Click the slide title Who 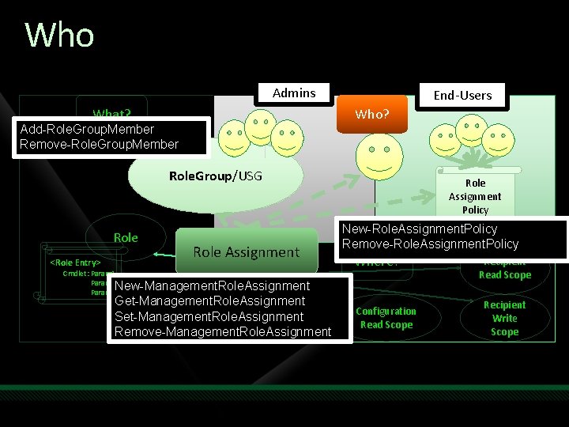pos(60,36)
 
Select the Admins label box pos(294,93)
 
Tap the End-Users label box pos(462,95)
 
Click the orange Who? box pos(371,114)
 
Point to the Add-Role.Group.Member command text pos(87,129)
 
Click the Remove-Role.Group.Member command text pos(100,144)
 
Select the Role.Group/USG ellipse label pos(216,175)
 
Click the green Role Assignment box pos(246,251)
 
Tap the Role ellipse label pos(126,237)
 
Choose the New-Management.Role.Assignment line pos(212,285)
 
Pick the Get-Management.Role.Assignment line pos(209,300)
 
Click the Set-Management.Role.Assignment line pos(209,316)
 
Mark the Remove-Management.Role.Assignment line pos(223,331)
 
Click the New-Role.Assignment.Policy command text pos(420,229)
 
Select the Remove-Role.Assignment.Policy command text pos(430,244)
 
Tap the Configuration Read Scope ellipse pos(386,318)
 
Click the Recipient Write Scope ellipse pos(504,318)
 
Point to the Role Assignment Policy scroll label pos(476,196)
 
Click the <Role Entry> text pos(75,262)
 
